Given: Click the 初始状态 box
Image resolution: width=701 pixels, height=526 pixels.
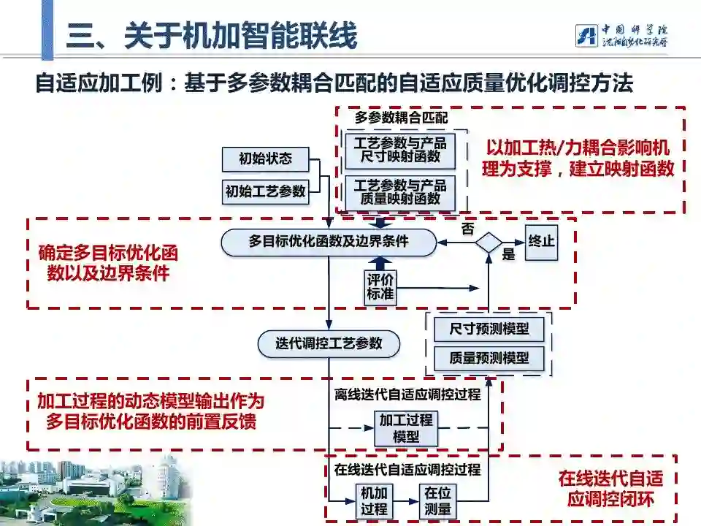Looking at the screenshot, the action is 265,159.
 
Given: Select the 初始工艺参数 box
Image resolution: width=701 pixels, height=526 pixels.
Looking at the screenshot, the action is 265,191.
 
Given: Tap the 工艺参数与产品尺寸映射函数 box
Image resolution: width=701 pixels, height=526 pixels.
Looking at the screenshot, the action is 400,150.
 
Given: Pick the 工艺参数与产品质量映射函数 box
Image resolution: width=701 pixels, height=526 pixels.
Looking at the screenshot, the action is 400,191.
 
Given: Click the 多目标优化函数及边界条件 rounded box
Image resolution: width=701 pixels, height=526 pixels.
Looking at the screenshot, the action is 329,241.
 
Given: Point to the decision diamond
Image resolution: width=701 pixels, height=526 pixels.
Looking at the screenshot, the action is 489,242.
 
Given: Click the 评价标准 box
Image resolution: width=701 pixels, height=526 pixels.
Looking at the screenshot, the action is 380,287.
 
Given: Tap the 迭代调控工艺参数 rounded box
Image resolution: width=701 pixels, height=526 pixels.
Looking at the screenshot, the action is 329,343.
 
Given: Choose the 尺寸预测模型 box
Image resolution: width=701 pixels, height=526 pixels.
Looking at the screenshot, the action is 489,329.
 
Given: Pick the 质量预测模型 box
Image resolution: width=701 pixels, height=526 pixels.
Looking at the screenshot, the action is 489,359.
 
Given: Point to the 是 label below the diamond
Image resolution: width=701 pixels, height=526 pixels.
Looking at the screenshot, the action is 508,255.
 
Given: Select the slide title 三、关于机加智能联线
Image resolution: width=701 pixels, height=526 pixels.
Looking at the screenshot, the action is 212,36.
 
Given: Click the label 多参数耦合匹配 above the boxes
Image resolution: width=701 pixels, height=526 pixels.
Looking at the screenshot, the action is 401,117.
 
